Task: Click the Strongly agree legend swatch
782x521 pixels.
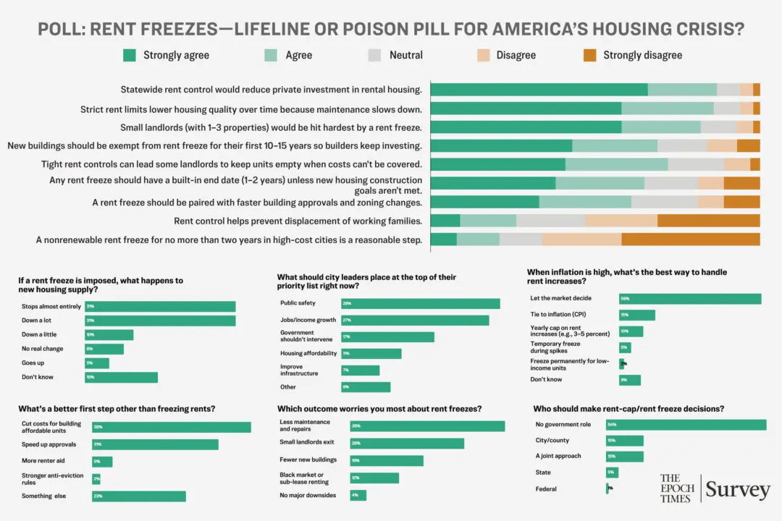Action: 130,55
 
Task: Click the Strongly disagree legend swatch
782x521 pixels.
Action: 589,55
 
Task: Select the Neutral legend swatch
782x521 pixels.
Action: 375,55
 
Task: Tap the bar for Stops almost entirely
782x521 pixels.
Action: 160,307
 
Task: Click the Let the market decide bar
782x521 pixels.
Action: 690,299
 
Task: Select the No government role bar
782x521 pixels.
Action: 686,425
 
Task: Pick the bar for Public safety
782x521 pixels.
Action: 421,304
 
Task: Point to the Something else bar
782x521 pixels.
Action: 139,496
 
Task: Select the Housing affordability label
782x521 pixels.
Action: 308,353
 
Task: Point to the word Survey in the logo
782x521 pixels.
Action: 737,490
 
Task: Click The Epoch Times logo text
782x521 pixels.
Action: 676,488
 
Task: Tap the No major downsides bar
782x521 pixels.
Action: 358,496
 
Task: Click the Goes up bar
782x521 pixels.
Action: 97,363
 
